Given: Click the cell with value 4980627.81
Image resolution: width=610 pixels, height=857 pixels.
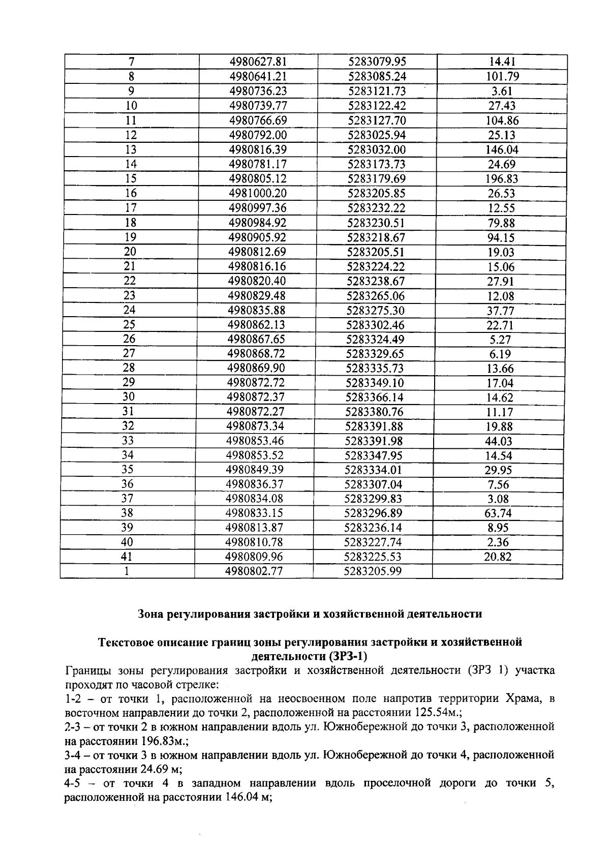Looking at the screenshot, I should point(258,62).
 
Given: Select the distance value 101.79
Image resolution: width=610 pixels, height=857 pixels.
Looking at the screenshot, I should point(502,77).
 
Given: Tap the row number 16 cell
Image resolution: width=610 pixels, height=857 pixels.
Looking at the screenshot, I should point(131,193).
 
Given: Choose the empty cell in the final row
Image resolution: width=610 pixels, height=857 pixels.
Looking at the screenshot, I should point(497,571).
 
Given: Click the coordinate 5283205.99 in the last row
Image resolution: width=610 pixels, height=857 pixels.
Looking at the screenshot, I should point(372,571).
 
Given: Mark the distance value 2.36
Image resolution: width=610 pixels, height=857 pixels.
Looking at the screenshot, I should point(498,542).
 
